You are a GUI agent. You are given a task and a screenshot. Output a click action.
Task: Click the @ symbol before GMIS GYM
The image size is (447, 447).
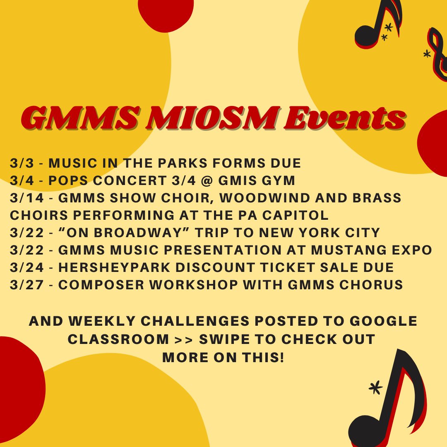tap(214, 180)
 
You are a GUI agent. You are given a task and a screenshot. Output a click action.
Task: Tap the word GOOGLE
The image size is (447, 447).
tap(385, 322)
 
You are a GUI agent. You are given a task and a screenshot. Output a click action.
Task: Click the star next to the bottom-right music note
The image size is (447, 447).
tap(375, 387)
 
